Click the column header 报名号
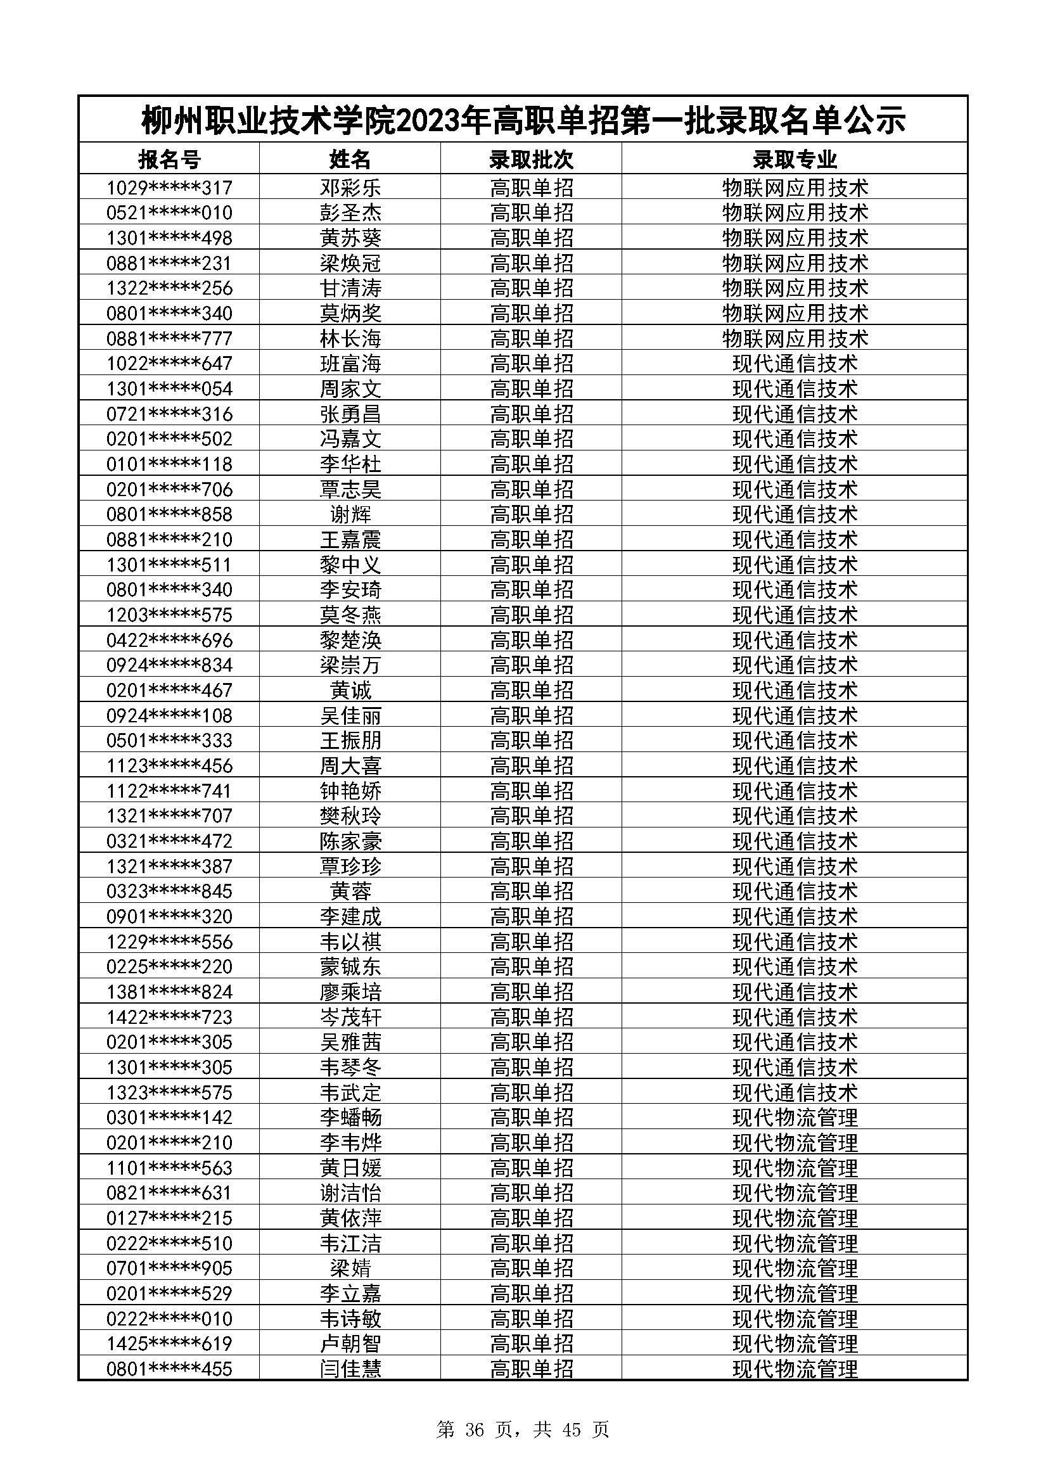[169, 159]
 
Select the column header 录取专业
[795, 159]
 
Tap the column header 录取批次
[531, 159]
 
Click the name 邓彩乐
[350, 188]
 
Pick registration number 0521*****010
[169, 213]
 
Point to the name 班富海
[350, 364]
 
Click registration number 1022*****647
[169, 364]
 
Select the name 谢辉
[350, 514]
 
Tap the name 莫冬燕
[350, 615]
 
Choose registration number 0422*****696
[169, 641]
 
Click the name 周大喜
[350, 765]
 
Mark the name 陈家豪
[350, 841]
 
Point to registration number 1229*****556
[169, 942]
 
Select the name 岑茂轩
[350, 1018]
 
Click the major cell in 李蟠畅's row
[795, 1117]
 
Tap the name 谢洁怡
[350, 1193]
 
